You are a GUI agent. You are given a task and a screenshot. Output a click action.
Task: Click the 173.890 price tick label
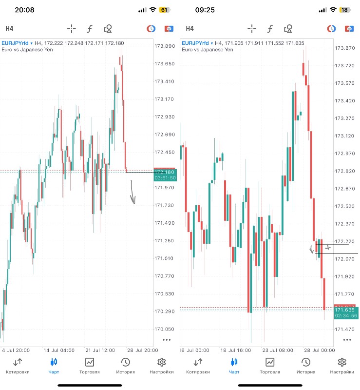(x=165, y=46)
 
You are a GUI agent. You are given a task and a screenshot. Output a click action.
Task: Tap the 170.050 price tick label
(x=165, y=329)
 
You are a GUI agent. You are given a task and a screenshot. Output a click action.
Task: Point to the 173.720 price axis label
(x=344, y=65)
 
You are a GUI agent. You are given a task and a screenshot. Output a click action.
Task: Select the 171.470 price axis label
(x=344, y=330)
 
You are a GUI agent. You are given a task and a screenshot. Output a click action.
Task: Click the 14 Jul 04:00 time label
(x=59, y=350)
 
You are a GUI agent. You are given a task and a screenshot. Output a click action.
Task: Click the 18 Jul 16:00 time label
(x=235, y=350)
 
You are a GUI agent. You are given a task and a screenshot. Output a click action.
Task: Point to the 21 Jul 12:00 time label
(x=101, y=350)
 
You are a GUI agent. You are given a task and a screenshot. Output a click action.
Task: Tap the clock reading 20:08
(x=24, y=10)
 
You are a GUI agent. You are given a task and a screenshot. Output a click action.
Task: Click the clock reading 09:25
(x=204, y=10)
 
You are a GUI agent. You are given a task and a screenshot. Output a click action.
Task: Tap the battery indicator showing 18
(x=344, y=10)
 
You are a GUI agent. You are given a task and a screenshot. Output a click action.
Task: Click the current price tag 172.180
(x=165, y=172)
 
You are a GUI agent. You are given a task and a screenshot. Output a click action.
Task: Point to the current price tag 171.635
(x=345, y=310)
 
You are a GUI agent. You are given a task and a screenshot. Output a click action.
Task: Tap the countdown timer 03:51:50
(x=165, y=178)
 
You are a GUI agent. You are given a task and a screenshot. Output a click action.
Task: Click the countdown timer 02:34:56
(x=345, y=316)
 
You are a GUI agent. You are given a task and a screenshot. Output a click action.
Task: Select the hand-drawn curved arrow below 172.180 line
(x=133, y=193)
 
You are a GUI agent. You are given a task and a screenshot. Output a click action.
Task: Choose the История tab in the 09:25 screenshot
(x=306, y=366)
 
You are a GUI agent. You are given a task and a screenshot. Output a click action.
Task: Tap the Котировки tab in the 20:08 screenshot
(x=18, y=366)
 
